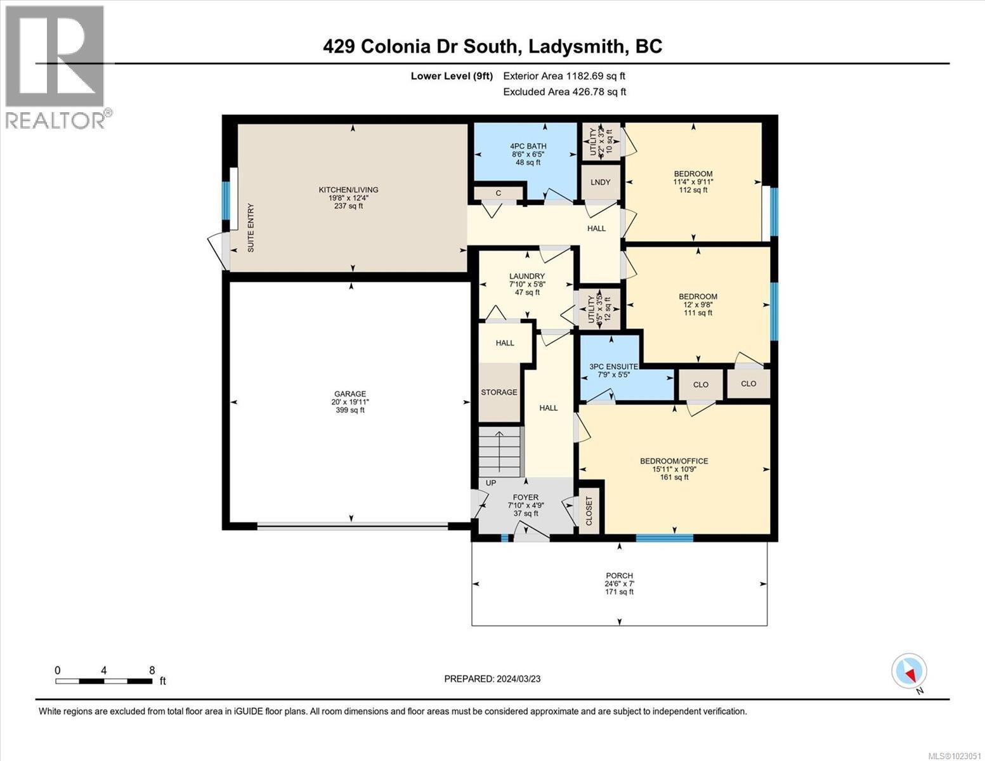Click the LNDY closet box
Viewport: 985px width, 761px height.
[x=600, y=183]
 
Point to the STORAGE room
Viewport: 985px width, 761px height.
[x=499, y=393]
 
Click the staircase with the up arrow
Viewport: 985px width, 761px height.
[x=499, y=451]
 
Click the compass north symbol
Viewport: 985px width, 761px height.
[x=910, y=672]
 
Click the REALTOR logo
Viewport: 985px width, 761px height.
[x=55, y=66]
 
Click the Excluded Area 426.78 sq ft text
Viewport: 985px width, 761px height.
[x=564, y=92]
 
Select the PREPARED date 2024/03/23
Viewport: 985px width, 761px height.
[x=492, y=679]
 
